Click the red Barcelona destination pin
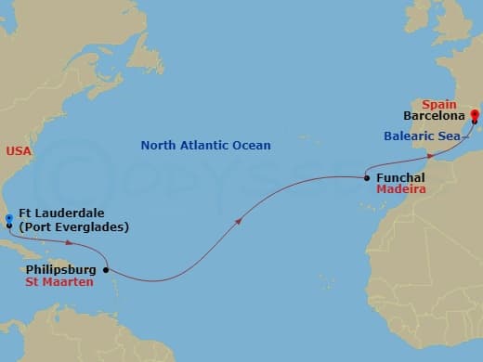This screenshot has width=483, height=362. coord(475,117)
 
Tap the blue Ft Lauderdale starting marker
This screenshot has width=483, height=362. coord(8,219)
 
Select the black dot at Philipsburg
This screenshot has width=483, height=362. coord(105,270)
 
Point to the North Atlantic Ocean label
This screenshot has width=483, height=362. coord(205,146)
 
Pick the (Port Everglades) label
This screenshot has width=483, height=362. coord(69,227)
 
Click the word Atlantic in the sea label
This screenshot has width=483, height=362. coord(205,146)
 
